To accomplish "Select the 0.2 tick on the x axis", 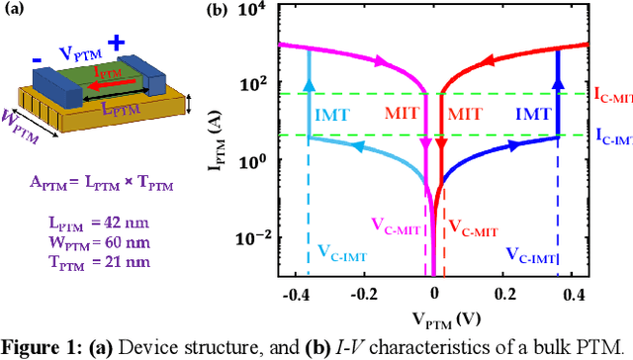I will click(506, 295).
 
